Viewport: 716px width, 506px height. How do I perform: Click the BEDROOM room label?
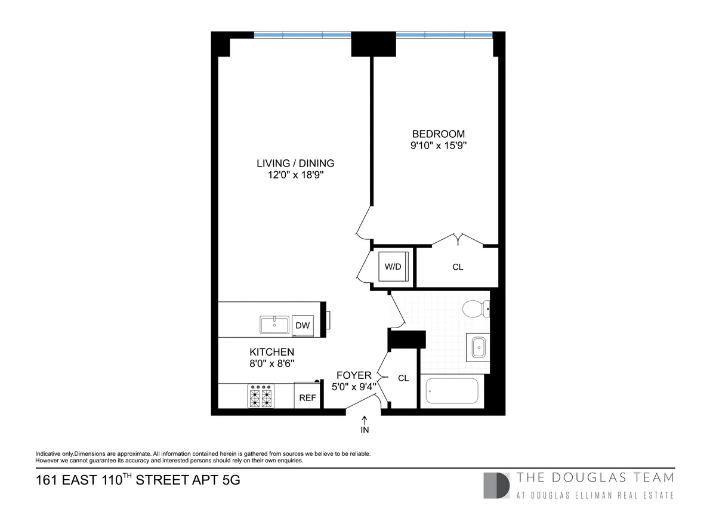[x=438, y=134]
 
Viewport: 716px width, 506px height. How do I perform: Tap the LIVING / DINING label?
[x=295, y=163]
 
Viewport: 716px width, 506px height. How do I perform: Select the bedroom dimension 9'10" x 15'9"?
[x=438, y=145]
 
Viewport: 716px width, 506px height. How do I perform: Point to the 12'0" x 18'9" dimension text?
[x=295, y=175]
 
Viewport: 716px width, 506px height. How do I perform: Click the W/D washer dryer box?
[x=393, y=267]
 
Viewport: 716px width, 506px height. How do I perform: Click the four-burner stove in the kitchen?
[x=261, y=396]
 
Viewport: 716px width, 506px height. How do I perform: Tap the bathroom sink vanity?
[x=479, y=347]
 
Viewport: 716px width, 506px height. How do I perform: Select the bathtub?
[x=452, y=392]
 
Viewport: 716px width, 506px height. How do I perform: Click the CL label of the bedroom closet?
[x=458, y=267]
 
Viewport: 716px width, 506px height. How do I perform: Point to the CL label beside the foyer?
[x=403, y=378]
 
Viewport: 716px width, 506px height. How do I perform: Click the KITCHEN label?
[x=271, y=352]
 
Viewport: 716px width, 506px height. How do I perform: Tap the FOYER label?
[x=354, y=375]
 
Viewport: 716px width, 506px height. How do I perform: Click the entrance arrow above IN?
[x=365, y=420]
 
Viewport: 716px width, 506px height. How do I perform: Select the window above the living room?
[x=303, y=35]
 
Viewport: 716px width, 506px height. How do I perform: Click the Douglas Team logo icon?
[x=496, y=485]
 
